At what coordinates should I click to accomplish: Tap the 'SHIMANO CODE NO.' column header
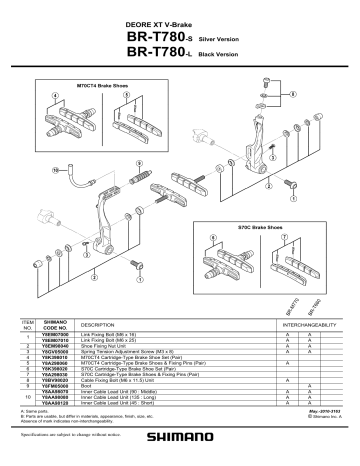click(55, 325)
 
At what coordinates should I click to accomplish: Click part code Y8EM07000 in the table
click(55, 336)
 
